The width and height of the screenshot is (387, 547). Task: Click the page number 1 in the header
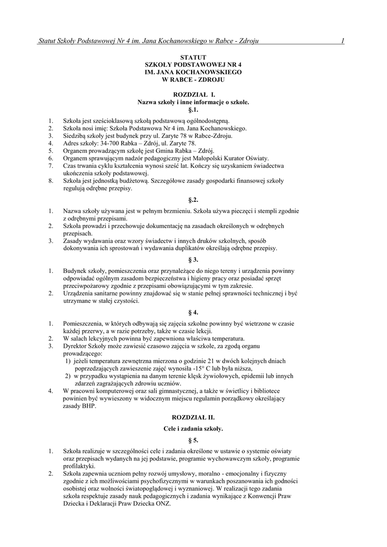pyautogui.click(x=342, y=41)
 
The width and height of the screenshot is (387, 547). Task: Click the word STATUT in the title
pyautogui.click(x=193, y=57)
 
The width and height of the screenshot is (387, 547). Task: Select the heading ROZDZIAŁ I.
pyautogui.click(x=193, y=94)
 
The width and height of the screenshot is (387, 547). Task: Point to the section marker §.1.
pyautogui.click(x=193, y=109)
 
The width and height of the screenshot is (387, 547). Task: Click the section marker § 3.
pyautogui.click(x=193, y=260)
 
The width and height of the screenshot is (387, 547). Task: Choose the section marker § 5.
pyautogui.click(x=193, y=440)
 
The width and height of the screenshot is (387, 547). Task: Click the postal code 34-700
pyautogui.click(x=117, y=144)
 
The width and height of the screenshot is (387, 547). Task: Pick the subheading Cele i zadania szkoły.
pyautogui.click(x=193, y=428)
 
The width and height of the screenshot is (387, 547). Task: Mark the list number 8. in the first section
pyautogui.click(x=51, y=181)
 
